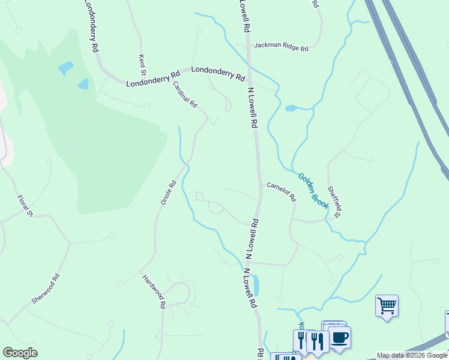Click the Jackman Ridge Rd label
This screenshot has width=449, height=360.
pyautogui.click(x=280, y=46)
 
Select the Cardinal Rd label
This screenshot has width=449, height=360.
pyautogui.click(x=185, y=94)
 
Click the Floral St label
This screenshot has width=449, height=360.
pyautogui.click(x=25, y=206)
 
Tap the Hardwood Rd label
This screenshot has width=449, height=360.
pyautogui.click(x=154, y=291)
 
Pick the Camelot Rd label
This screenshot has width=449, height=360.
pyautogui.click(x=282, y=191)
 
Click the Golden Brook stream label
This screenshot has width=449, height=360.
pyautogui.click(x=313, y=191)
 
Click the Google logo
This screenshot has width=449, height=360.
pyautogui.click(x=20, y=353)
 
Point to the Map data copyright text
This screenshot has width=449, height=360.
pyautogui.click(x=412, y=356)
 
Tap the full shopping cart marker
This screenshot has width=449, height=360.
pyautogui.click(x=387, y=306)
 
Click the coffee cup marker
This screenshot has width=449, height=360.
pyautogui.click(x=340, y=337)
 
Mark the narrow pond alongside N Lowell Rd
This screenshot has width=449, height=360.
pyautogui.click(x=256, y=286)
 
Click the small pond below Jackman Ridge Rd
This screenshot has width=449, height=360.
pyautogui.click(x=291, y=109)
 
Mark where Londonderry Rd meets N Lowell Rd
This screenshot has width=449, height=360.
pyautogui.click(x=250, y=82)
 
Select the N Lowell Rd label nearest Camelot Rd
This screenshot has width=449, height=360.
pyautogui.click(x=252, y=238)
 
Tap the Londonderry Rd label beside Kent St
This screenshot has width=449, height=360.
pyautogui.click(x=153, y=79)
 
